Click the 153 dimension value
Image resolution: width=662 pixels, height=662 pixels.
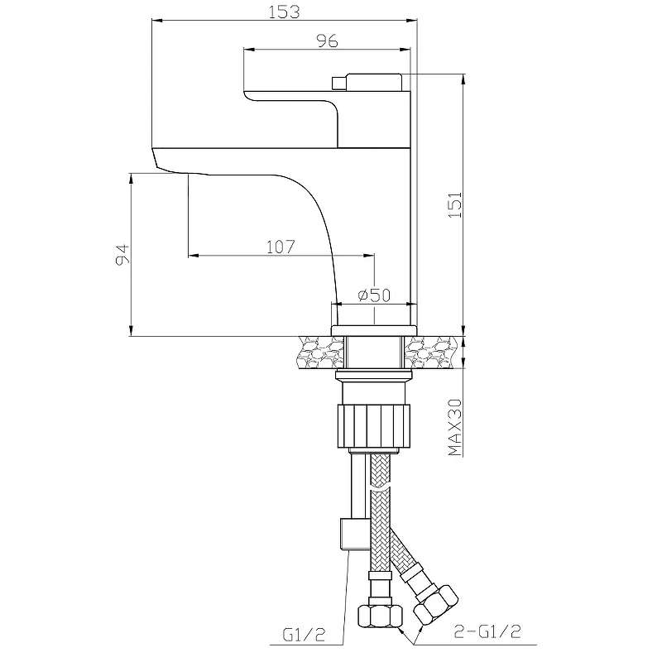tap(284, 12)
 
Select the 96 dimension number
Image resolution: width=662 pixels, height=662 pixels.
tap(327, 41)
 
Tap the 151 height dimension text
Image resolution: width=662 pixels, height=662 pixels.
tap(455, 204)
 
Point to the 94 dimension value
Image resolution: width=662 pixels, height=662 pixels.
tap(122, 254)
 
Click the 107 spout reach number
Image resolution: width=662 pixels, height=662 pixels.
tap(281, 247)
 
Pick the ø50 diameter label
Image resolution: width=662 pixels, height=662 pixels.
tap(375, 295)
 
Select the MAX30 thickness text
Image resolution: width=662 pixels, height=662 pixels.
tap(455, 427)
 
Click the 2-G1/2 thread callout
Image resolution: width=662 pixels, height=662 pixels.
tap(487, 631)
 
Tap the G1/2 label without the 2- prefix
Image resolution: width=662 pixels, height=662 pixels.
tap(304, 635)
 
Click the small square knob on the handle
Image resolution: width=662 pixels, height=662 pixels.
tap(338, 84)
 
